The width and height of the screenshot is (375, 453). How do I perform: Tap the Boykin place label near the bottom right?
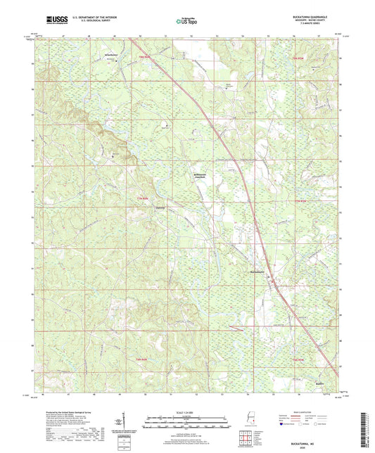319,384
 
